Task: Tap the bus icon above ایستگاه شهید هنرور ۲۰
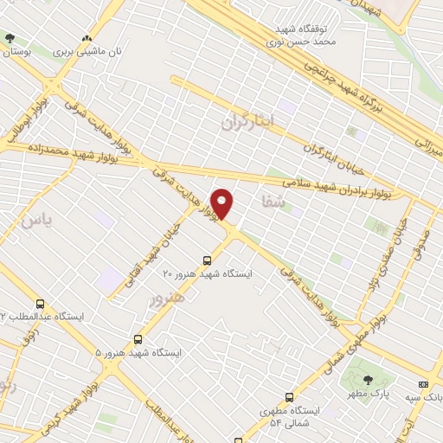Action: pyautogui.click(x=206, y=260)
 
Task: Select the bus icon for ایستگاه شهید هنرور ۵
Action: pyautogui.click(x=138, y=339)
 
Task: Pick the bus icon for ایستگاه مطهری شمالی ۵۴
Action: pyautogui.click(x=288, y=397)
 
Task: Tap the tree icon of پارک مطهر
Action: pyautogui.click(x=368, y=380)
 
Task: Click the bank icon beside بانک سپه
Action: pyautogui.click(x=423, y=384)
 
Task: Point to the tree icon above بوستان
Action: pyautogui.click(x=10, y=38)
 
